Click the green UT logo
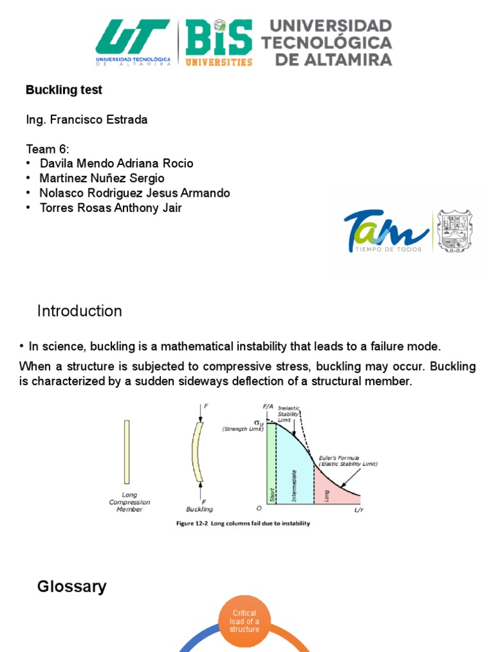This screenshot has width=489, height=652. pyautogui.click(x=133, y=42)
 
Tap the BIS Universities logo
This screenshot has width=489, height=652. pyautogui.click(x=219, y=42)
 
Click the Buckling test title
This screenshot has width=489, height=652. pyautogui.click(x=64, y=90)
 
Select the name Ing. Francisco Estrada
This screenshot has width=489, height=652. pyautogui.click(x=87, y=120)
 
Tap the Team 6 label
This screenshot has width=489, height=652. pyautogui.click(x=48, y=150)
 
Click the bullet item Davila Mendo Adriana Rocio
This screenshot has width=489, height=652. pyautogui.click(x=117, y=164)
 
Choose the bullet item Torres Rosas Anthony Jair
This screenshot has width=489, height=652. pyautogui.click(x=111, y=208)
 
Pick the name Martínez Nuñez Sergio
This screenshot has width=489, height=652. pyautogui.click(x=102, y=178)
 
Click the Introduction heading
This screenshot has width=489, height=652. pyautogui.click(x=80, y=311)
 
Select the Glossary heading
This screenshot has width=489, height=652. pyautogui.click(x=72, y=586)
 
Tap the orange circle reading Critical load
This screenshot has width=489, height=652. pyautogui.click(x=244, y=621)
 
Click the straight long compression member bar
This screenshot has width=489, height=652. pyautogui.click(x=127, y=451)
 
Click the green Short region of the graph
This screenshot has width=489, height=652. pyautogui.click(x=271, y=465)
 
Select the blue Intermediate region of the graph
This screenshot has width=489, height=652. pyautogui.click(x=295, y=471)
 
